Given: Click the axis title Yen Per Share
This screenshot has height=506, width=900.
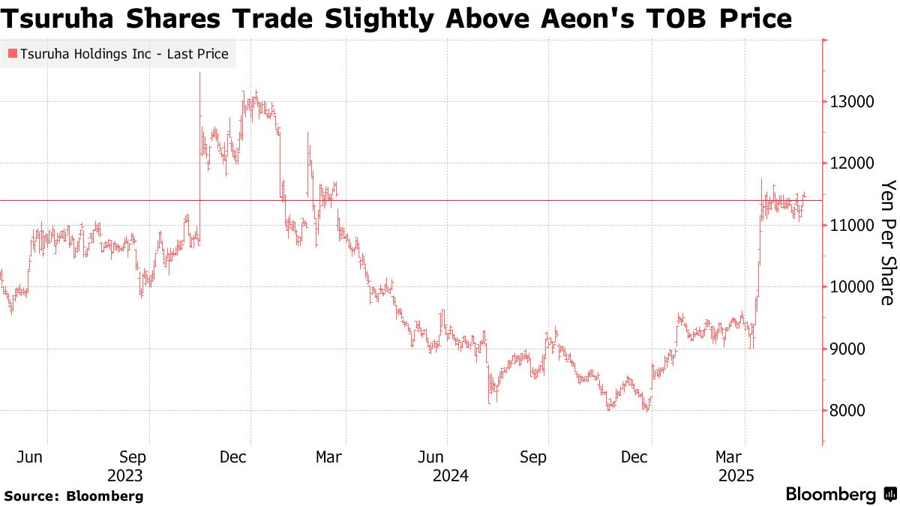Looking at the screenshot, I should pos(888,242).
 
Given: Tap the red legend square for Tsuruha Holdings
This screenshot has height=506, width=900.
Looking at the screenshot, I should pos(12,54).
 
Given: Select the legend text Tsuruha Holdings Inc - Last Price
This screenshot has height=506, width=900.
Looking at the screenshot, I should pos(124,54).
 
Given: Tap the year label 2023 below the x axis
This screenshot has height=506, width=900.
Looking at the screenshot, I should pos(125,475).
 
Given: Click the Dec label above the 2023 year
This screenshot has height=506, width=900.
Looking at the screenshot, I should pos(233,456).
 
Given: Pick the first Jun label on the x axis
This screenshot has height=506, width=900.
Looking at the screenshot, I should pos(29,456).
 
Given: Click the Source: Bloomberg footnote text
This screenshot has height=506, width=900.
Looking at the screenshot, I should pos(73,496).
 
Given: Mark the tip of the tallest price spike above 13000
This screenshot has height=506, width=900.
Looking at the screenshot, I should pos(199,72).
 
